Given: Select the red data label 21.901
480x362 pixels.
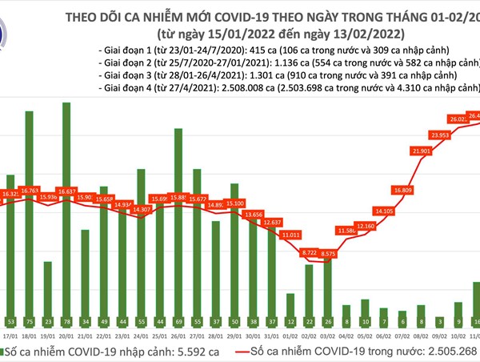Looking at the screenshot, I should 421,151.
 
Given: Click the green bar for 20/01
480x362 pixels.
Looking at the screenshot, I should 66,216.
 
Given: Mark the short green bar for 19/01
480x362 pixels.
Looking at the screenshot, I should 47,292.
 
